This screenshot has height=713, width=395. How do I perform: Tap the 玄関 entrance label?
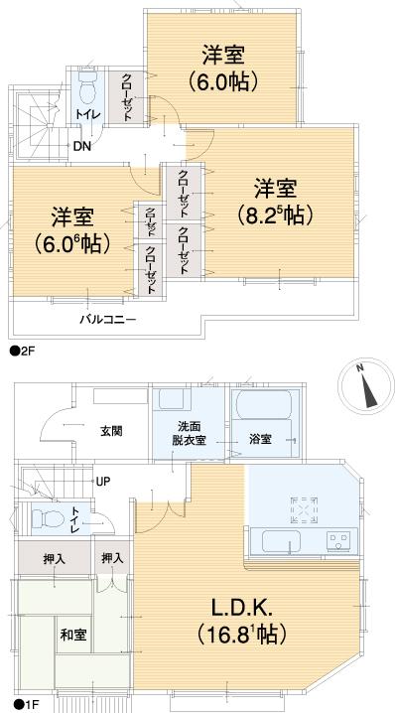coord(111,431)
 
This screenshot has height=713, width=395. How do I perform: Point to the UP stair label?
coord(102,482)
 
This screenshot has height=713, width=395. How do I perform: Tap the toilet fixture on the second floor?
coord(84,92)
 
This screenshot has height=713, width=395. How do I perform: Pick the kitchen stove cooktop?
coord(338,542)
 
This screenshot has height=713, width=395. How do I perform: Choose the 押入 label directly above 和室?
coord(54,560)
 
